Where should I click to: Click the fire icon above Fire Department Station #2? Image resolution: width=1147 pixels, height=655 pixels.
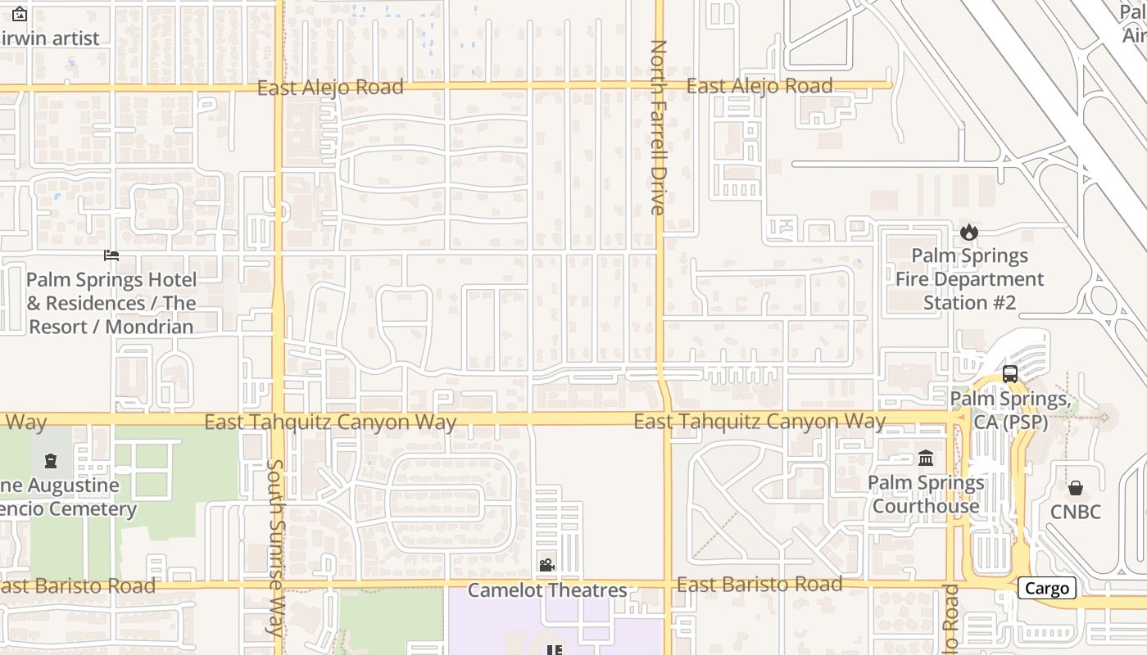tap(969, 232)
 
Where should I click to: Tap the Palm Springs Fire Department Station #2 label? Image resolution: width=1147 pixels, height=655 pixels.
tap(969, 279)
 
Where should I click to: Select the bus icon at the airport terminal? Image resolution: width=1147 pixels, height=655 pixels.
tap(1010, 374)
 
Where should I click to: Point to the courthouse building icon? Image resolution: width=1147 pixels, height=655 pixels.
tap(926, 458)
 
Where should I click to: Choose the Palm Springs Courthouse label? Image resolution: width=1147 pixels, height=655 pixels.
tap(926, 495)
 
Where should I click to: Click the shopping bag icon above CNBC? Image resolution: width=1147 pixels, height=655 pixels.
tap(1076, 489)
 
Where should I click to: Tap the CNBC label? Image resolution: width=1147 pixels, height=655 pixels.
tap(1076, 513)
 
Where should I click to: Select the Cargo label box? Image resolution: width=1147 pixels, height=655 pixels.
tap(1046, 588)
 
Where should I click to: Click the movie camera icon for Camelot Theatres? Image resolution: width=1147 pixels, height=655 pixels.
tap(546, 566)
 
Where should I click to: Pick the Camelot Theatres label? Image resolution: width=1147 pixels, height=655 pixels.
tap(547, 590)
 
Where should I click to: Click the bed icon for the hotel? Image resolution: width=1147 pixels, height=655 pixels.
tap(111, 255)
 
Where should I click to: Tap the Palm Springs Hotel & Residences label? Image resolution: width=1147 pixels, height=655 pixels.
tap(111, 303)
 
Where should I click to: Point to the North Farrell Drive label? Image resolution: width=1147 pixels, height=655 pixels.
tap(658, 127)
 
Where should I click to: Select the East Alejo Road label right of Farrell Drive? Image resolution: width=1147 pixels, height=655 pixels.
tap(759, 86)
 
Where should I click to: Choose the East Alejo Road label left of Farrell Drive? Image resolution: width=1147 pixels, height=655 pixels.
tap(330, 88)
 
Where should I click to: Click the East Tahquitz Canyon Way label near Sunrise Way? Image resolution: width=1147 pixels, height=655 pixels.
tap(330, 422)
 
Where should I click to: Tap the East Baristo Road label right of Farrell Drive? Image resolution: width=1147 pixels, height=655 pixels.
tap(759, 585)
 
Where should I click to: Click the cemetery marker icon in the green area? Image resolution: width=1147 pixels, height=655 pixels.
tap(51, 461)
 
